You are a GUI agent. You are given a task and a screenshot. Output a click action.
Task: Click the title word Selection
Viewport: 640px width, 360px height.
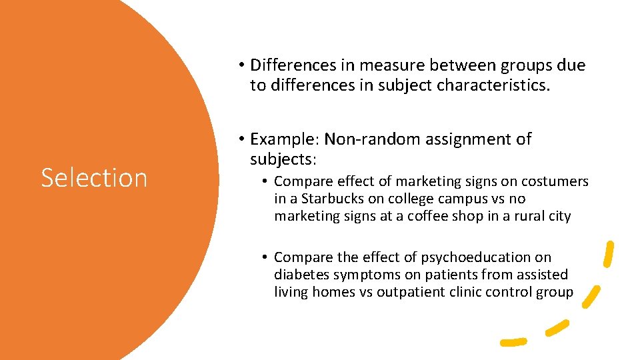[x=94, y=178]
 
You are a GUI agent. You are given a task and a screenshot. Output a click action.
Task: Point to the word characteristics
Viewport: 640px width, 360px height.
[x=493, y=85]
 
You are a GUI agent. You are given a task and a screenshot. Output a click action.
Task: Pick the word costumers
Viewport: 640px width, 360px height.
[x=555, y=181]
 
